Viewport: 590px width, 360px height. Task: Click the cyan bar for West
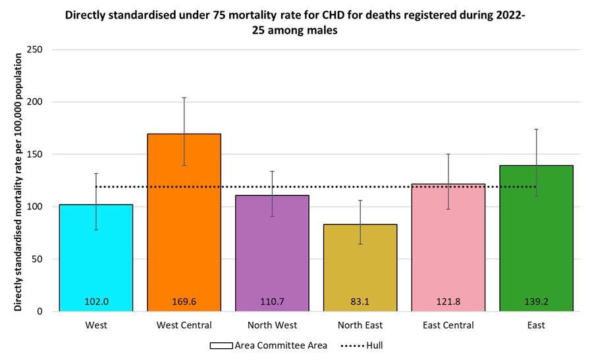point(96,257)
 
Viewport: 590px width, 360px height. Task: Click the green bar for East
point(536,238)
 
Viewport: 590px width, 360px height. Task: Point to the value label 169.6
point(184,302)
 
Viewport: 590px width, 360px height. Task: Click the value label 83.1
point(360,302)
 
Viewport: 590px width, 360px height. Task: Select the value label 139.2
point(536,302)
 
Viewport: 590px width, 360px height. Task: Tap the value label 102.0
point(96,302)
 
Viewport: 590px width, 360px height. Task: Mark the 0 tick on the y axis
point(41,311)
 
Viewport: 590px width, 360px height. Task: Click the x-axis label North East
point(360,325)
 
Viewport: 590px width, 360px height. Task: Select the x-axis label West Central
point(184,325)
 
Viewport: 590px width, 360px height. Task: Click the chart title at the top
point(294,24)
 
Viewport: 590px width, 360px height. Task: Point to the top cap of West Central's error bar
point(184,97)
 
